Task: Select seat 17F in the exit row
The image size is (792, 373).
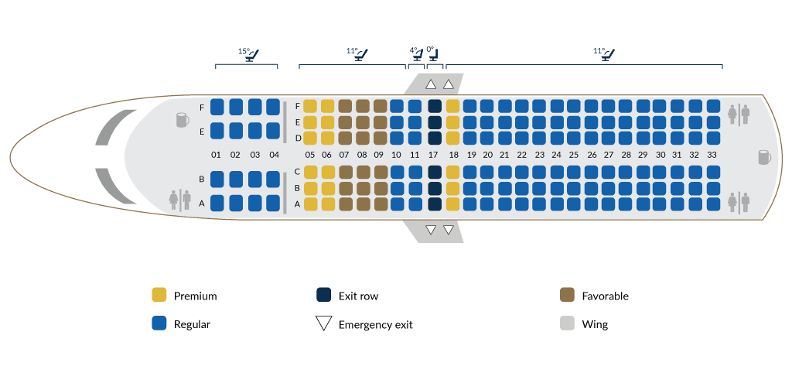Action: click(x=434, y=107)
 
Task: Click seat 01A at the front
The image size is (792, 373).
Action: click(x=217, y=203)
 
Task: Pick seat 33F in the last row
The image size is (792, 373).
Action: click(x=712, y=107)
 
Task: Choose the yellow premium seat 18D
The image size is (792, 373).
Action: click(x=452, y=138)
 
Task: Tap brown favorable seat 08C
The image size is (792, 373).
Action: click(x=362, y=172)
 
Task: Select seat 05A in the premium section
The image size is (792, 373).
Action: click(x=309, y=204)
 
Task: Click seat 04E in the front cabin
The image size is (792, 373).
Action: click(x=273, y=131)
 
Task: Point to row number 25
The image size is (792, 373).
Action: click(x=574, y=155)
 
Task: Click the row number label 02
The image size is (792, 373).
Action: click(x=235, y=155)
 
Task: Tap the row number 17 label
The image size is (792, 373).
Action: click(x=434, y=155)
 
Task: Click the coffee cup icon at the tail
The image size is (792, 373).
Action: click(x=763, y=157)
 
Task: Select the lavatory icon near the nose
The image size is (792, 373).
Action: click(x=179, y=199)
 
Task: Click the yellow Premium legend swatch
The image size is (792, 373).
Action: click(x=159, y=296)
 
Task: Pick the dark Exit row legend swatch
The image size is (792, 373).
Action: click(x=324, y=296)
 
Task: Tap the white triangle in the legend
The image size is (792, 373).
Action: click(x=324, y=324)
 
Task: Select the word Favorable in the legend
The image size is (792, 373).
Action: click(x=605, y=296)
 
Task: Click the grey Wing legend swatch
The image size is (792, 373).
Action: click(x=567, y=324)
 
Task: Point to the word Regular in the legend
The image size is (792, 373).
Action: click(x=192, y=325)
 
